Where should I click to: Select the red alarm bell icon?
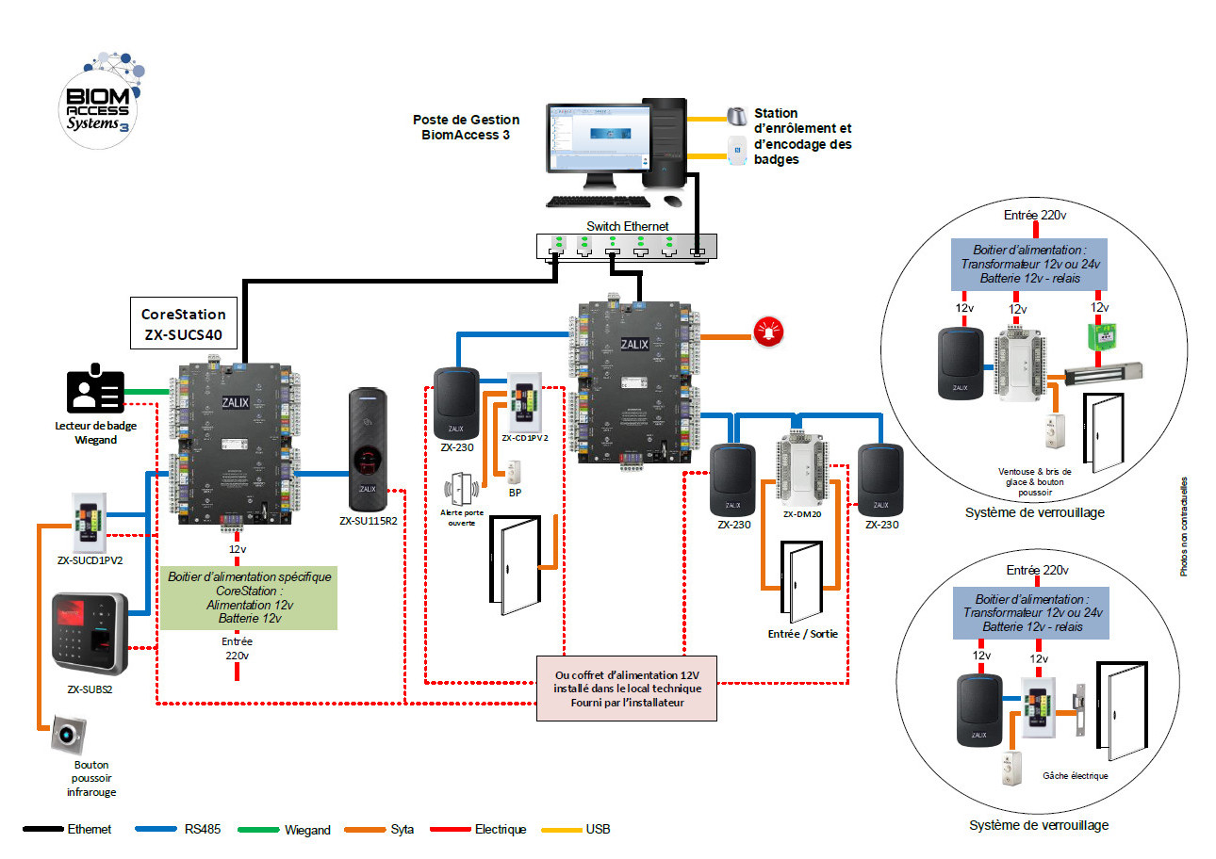pos(766,332)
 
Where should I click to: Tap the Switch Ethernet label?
pos(627,226)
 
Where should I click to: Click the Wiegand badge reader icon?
pos(94,390)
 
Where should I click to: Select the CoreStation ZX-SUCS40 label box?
pos(183,325)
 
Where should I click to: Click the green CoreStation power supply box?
pos(249,598)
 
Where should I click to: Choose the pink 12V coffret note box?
pos(626,688)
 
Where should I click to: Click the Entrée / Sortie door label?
pos(802,634)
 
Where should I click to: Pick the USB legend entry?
pos(596,830)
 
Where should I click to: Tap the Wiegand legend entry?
pos(306,830)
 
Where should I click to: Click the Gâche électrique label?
pos(1076,776)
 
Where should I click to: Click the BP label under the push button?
pos(515,493)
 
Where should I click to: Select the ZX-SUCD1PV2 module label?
pos(90,560)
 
